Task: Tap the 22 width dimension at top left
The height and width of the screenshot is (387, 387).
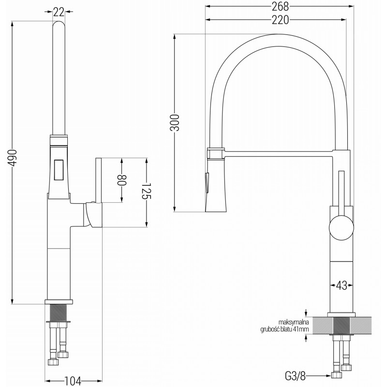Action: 59,12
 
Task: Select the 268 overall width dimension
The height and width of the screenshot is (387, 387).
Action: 280,6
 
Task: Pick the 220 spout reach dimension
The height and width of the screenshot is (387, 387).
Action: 280,20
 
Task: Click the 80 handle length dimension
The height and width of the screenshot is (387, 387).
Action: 122,180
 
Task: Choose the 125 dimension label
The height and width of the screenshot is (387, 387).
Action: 147,191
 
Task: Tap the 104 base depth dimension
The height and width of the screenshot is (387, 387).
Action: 73,381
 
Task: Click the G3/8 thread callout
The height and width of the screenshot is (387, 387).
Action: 295,376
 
